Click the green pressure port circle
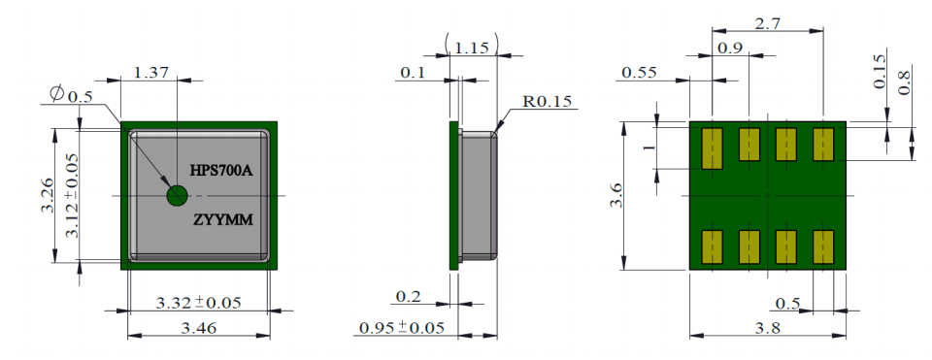pos(177,195)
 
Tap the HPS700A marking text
pos(221,171)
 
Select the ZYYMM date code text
pos(223,220)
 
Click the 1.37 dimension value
pos(151,73)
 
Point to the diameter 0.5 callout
pos(72,94)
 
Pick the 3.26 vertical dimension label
pos(50,194)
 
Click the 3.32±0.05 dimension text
pos(198,303)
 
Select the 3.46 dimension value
pos(198,327)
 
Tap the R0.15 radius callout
pos(547,102)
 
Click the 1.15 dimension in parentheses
pos(472,46)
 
